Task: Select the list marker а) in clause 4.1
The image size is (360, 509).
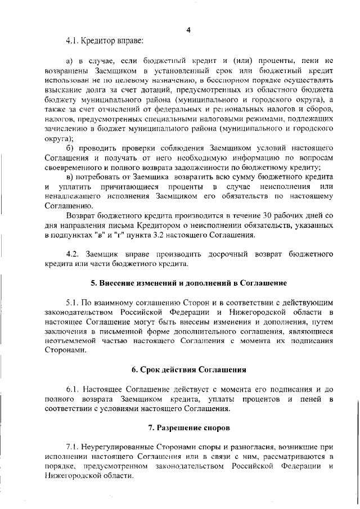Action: tap(70, 60)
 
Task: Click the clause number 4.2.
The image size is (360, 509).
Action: tap(74, 254)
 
